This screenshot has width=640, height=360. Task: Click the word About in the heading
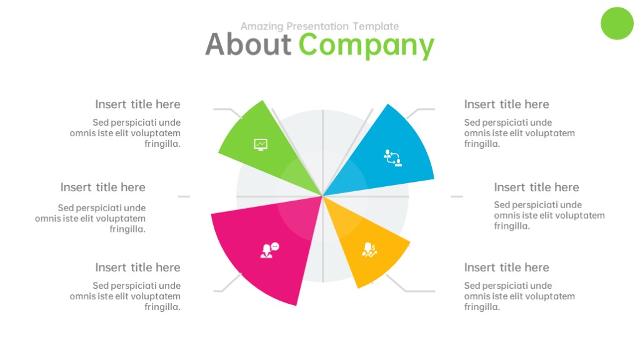[248, 44]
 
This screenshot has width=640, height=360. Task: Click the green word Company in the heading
[366, 46]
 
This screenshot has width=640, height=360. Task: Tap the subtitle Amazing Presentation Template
[319, 26]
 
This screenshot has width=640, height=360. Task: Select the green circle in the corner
[617, 23]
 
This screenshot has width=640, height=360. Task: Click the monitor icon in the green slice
[261, 144]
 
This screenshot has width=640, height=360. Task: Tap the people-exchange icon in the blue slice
[392, 158]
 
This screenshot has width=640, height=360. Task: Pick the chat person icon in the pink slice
[269, 250]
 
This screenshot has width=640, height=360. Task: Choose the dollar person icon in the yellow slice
[369, 250]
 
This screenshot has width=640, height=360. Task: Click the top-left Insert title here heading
[137, 104]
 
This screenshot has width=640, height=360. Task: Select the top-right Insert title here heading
[506, 104]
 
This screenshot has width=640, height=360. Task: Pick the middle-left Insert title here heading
[103, 187]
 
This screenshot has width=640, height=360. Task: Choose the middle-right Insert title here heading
[536, 187]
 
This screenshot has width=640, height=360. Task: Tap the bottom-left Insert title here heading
[137, 267]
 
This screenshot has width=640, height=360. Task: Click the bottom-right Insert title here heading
[506, 267]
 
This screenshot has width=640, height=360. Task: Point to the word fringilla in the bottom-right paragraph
[482, 307]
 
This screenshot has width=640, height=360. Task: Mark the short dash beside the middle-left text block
[184, 197]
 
